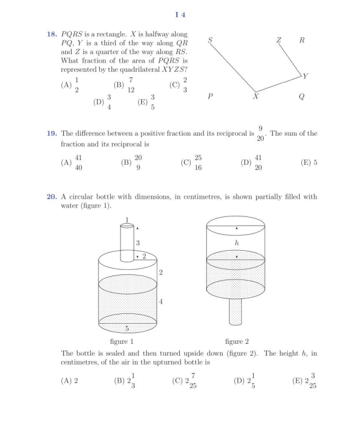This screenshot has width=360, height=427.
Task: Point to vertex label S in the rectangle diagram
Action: coord(210,40)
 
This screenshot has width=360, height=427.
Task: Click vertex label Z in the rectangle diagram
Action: coord(278,40)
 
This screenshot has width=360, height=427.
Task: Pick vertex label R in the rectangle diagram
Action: coord(302,40)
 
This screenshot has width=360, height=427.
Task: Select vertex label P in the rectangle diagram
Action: coord(210,97)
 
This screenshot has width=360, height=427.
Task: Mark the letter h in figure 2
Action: coord(237,243)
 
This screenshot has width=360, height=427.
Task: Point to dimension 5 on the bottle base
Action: coord(126,328)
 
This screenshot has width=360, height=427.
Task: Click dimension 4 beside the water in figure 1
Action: coord(161,302)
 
